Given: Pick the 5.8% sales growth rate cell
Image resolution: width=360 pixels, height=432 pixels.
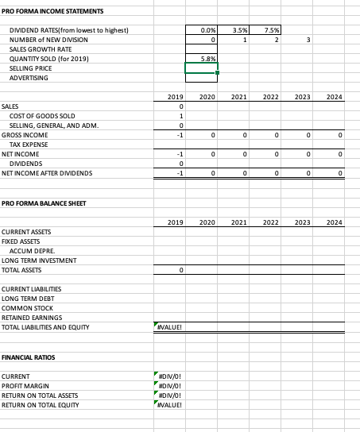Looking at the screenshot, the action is point(202,59).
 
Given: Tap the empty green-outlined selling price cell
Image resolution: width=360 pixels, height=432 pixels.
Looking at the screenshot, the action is point(202,68).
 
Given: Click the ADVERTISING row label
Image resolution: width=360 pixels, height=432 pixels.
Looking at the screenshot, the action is point(29,78).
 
